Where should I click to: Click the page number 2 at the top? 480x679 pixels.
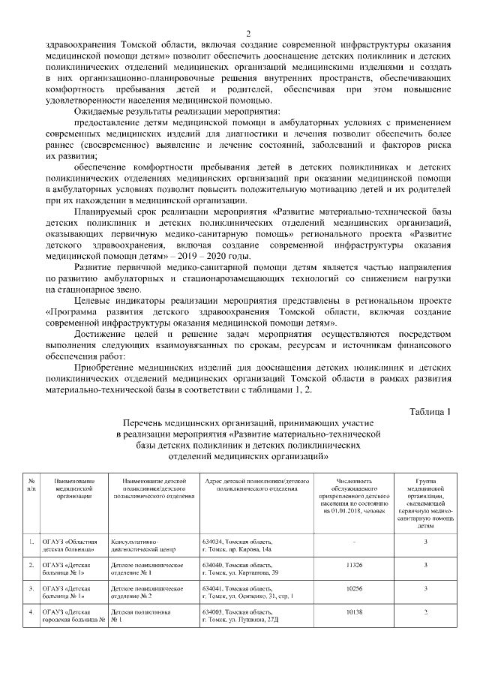pyautogui.click(x=247, y=32)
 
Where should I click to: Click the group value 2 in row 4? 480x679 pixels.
pyautogui.click(x=425, y=614)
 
